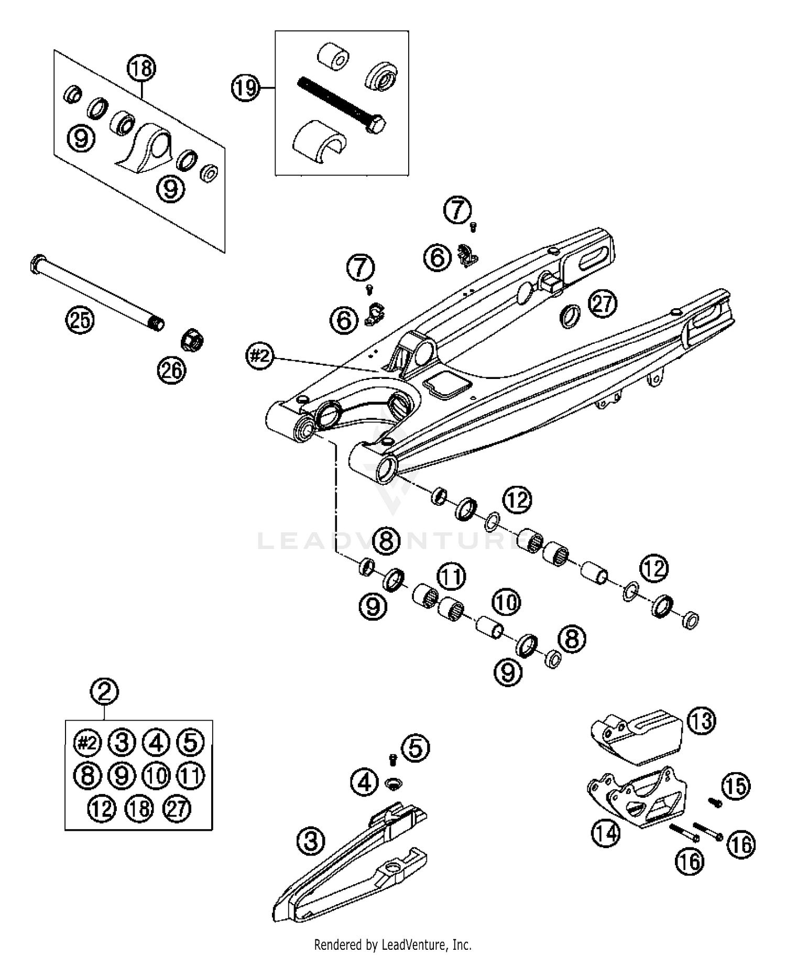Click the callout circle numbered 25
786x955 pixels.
tap(80, 320)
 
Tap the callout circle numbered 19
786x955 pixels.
tap(245, 88)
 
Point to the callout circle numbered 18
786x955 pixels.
tap(141, 68)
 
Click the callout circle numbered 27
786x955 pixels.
tap(603, 303)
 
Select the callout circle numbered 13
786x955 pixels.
tap(702, 721)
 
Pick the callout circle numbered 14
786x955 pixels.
tap(606, 833)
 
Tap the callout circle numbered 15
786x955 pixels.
tap(736, 786)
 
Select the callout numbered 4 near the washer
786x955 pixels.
tap(365, 783)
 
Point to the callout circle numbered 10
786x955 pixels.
tap(505, 603)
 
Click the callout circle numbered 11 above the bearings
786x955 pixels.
tap(452, 577)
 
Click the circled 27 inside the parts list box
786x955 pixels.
tap(177, 809)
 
